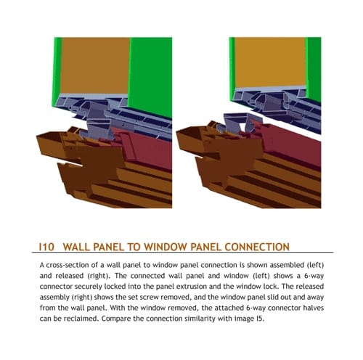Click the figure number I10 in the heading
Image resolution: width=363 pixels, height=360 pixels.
coord(46,247)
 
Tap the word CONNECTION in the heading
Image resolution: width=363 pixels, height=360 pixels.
coord(257,247)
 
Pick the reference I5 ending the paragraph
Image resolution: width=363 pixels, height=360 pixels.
coord(260,319)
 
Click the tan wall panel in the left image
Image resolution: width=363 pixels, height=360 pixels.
coord(95,65)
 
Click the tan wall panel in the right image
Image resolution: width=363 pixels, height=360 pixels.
coord(270,62)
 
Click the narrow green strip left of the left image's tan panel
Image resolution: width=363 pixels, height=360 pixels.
coord(57,70)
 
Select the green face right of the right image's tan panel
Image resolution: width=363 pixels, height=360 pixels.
coord(314,67)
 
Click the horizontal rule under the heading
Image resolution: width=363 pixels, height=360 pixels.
coord(182,253)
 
